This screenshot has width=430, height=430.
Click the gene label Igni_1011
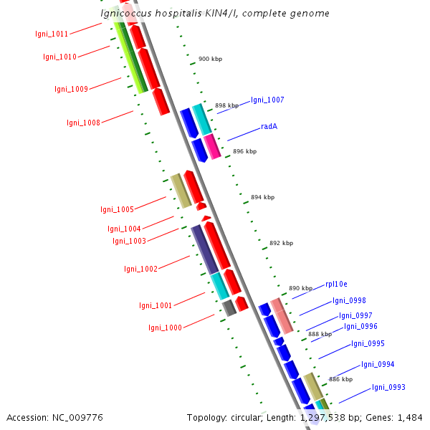tap(52, 34)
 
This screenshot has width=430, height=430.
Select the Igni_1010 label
tap(59, 57)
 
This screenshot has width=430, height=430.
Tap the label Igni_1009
tap(71, 90)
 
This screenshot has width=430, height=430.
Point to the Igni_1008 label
tap(83, 123)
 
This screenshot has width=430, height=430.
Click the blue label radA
tap(269, 126)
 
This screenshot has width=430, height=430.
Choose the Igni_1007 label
tap(267, 100)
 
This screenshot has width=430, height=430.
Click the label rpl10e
tap(336, 284)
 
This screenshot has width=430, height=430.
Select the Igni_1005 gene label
tap(117, 209)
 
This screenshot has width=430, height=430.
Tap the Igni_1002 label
tap(140, 269)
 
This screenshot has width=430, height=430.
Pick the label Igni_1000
tap(165, 328)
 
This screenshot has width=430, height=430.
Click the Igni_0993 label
tap(388, 388)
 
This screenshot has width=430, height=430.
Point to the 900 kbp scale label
tap(210, 59)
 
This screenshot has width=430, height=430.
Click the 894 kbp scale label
tap(262, 197)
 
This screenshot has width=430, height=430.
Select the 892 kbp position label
tap(281, 243)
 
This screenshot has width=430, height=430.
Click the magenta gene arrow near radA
tap(212, 146)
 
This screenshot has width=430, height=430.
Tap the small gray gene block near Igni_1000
tap(229, 308)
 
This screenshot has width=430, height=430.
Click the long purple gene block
tap(204, 249)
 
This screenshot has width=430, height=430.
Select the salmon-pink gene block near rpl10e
tap(281, 315)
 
